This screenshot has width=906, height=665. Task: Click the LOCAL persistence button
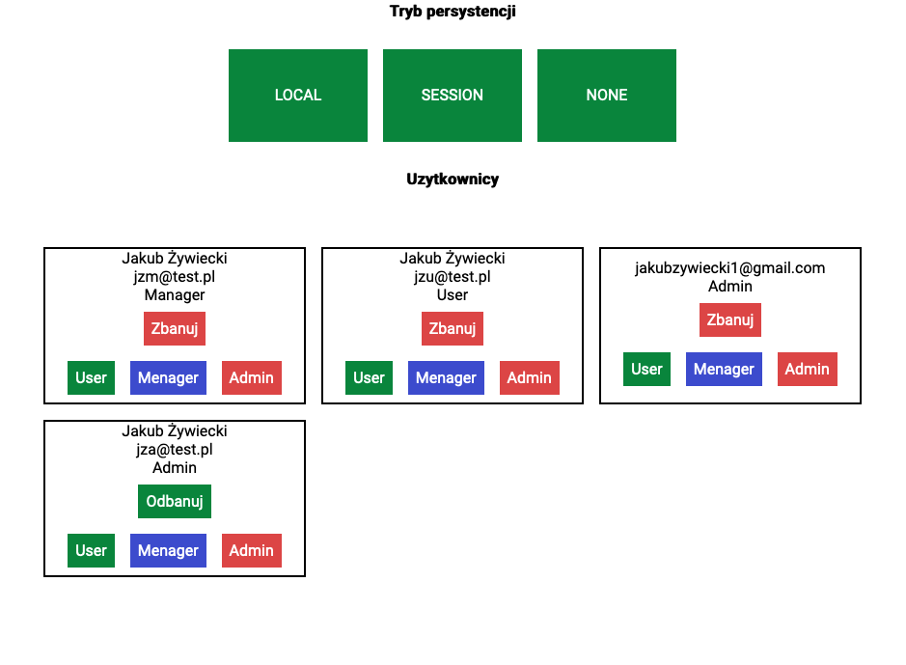pyautogui.click(x=297, y=96)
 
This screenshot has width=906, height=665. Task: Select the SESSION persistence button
pyautogui.click(x=452, y=96)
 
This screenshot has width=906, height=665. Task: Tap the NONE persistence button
pyautogui.click(x=606, y=96)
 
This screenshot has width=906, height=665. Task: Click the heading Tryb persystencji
pyautogui.click(x=453, y=12)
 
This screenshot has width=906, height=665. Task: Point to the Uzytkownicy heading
pyautogui.click(x=453, y=179)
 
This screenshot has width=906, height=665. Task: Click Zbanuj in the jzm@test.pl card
pyautogui.click(x=175, y=328)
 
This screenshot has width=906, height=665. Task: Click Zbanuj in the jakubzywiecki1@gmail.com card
pyautogui.click(x=729, y=319)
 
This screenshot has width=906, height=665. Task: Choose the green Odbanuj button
pyautogui.click(x=175, y=501)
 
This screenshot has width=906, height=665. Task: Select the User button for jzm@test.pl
pyautogui.click(x=91, y=377)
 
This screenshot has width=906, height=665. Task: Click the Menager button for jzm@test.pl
pyautogui.click(x=168, y=377)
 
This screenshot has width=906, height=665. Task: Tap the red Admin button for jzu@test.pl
pyautogui.click(x=529, y=377)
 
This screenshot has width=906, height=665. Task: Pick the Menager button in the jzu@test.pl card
pyautogui.click(x=446, y=377)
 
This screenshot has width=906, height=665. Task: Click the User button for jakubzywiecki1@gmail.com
pyautogui.click(x=646, y=369)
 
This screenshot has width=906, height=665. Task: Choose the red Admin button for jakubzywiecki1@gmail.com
pyautogui.click(x=807, y=369)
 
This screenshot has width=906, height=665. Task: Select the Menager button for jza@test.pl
pyautogui.click(x=168, y=550)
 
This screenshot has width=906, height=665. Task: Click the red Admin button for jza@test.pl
pyautogui.click(x=251, y=550)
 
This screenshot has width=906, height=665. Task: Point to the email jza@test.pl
pyautogui.click(x=175, y=449)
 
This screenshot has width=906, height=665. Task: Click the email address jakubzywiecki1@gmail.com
pyautogui.click(x=729, y=267)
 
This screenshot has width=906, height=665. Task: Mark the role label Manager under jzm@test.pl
pyautogui.click(x=175, y=294)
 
